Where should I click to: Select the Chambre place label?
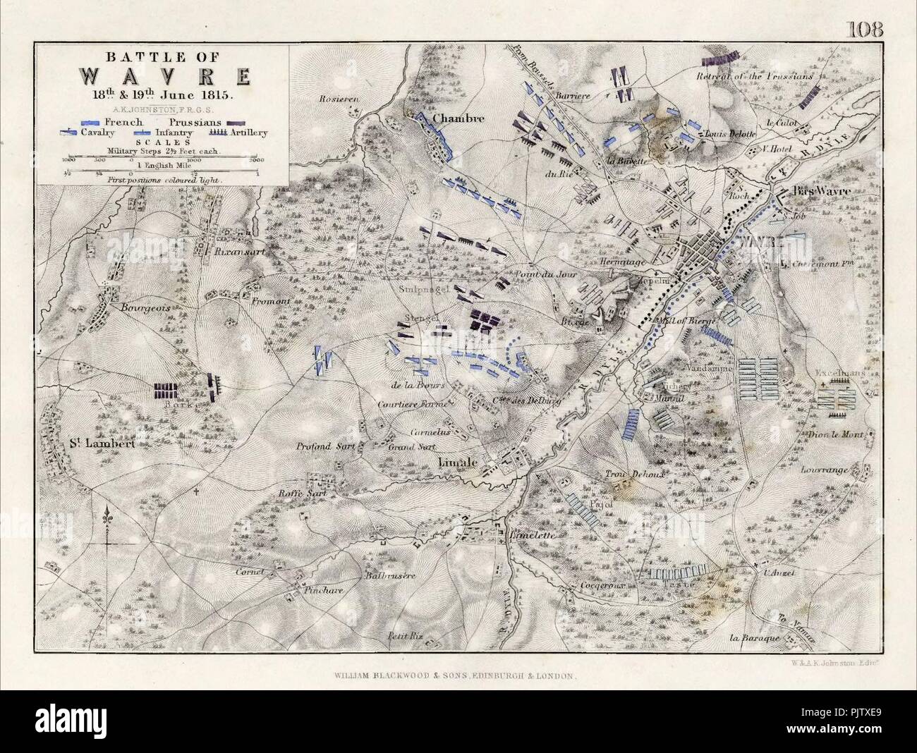pos(458,118)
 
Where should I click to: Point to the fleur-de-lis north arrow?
pos(107,516)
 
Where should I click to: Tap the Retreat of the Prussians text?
pos(755,75)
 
